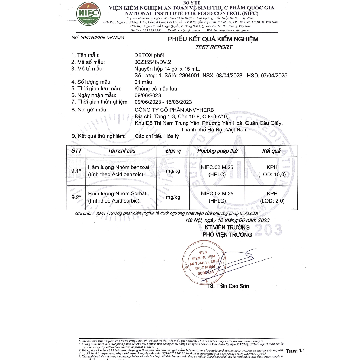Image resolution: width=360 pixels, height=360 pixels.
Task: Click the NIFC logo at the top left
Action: pos(88,13)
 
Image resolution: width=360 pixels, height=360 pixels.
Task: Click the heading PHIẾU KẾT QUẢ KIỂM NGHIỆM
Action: pos(213,39)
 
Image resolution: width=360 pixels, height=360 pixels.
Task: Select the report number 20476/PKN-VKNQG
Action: pos(98,38)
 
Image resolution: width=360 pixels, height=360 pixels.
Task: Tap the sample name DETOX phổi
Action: pos(149,55)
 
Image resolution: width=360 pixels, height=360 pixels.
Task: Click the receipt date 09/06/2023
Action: pos(148,95)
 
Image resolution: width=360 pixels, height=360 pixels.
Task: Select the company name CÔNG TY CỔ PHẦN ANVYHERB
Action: pos(174,110)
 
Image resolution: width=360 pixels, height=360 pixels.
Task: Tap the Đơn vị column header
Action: pos(173,151)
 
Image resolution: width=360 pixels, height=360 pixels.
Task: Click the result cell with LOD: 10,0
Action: pos(272,171)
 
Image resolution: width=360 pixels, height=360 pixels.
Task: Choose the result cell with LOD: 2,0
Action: pos(272,197)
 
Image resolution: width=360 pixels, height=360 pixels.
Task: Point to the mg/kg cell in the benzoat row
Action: pos(173,171)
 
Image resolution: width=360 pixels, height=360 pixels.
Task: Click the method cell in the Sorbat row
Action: pos(217,197)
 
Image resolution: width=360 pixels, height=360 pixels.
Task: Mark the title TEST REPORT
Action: pos(214,47)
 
